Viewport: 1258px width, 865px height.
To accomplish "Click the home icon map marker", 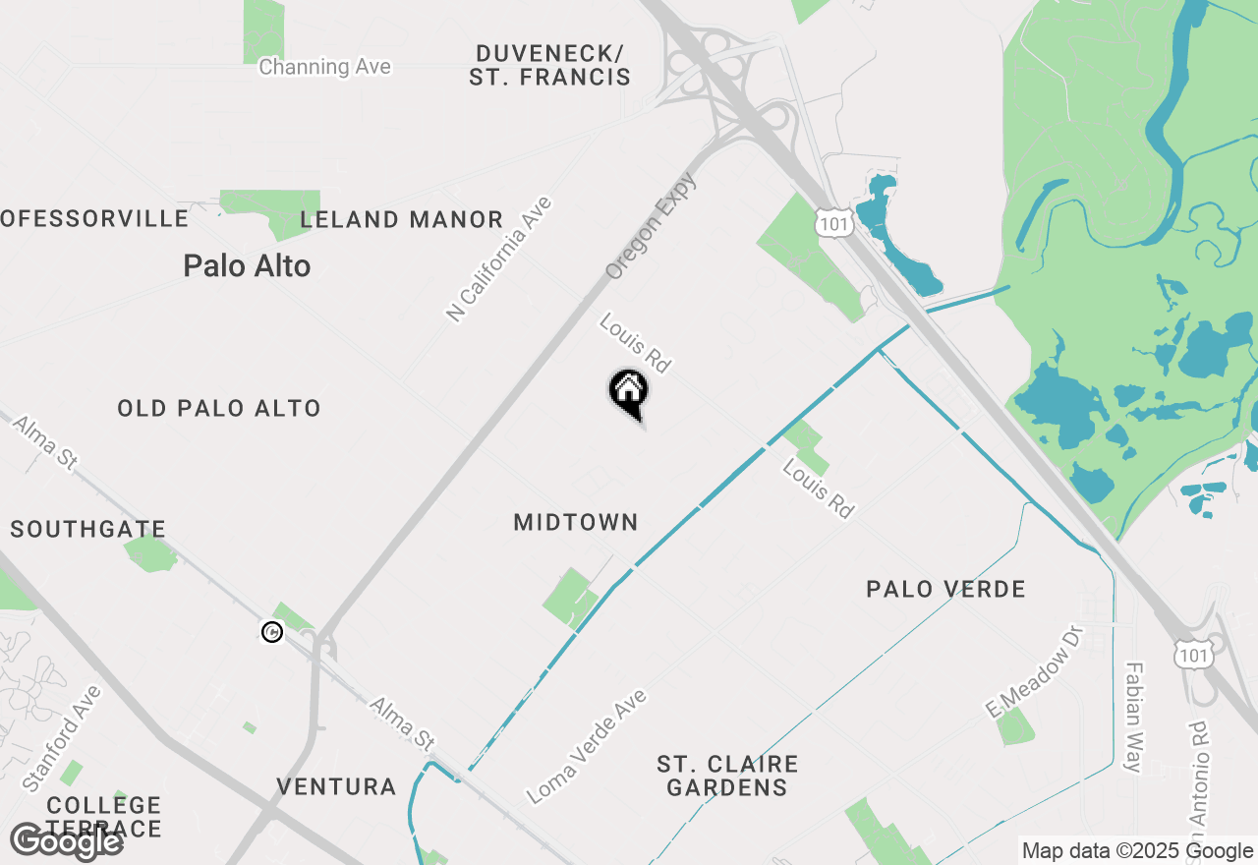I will [x=629, y=392].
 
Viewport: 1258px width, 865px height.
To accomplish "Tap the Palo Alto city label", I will [x=247, y=265].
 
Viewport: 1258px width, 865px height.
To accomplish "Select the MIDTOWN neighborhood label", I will [x=576, y=522].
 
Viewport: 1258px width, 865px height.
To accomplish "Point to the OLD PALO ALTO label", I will [x=219, y=408].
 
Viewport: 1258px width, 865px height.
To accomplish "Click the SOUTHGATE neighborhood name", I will [x=87, y=530].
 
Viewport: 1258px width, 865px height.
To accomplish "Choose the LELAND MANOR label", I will [x=402, y=219].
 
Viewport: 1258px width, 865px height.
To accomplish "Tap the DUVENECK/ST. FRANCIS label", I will [x=549, y=65].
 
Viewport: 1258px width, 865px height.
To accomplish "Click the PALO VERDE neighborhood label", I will [x=945, y=589].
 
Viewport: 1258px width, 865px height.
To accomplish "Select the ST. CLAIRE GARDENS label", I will [x=727, y=776].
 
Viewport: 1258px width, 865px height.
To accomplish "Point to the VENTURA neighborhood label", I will [x=336, y=786].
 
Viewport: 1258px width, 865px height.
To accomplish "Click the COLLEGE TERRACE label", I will [x=103, y=817].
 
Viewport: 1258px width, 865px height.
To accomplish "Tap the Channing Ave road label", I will [x=324, y=67].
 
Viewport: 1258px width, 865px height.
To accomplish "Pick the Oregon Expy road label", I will [x=651, y=226].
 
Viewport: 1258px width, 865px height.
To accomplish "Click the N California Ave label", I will [x=499, y=259].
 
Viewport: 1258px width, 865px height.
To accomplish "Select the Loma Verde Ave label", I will [x=587, y=746].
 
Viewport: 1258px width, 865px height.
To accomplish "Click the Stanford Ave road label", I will [x=61, y=738].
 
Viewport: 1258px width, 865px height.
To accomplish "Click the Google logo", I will [x=66, y=842].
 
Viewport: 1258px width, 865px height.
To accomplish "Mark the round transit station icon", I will [x=272, y=632].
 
